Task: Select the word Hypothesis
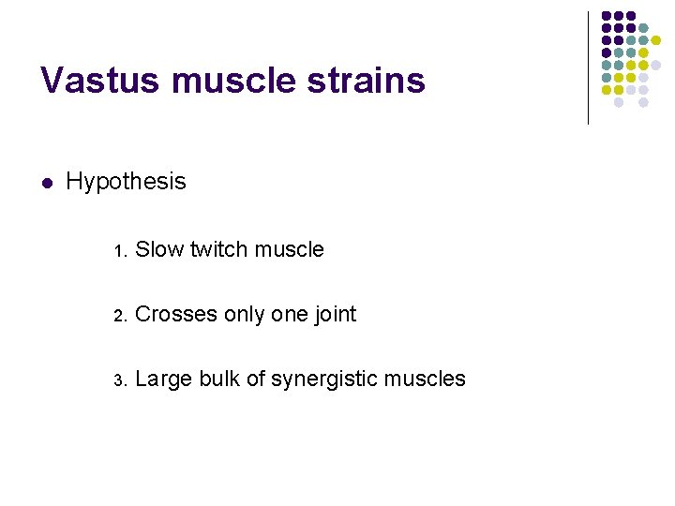click(x=127, y=181)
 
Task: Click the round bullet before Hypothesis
click(x=47, y=182)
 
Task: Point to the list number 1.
click(x=118, y=251)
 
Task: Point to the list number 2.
click(x=118, y=316)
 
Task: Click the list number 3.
click(x=118, y=380)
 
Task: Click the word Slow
click(x=159, y=249)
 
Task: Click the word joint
click(x=336, y=314)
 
